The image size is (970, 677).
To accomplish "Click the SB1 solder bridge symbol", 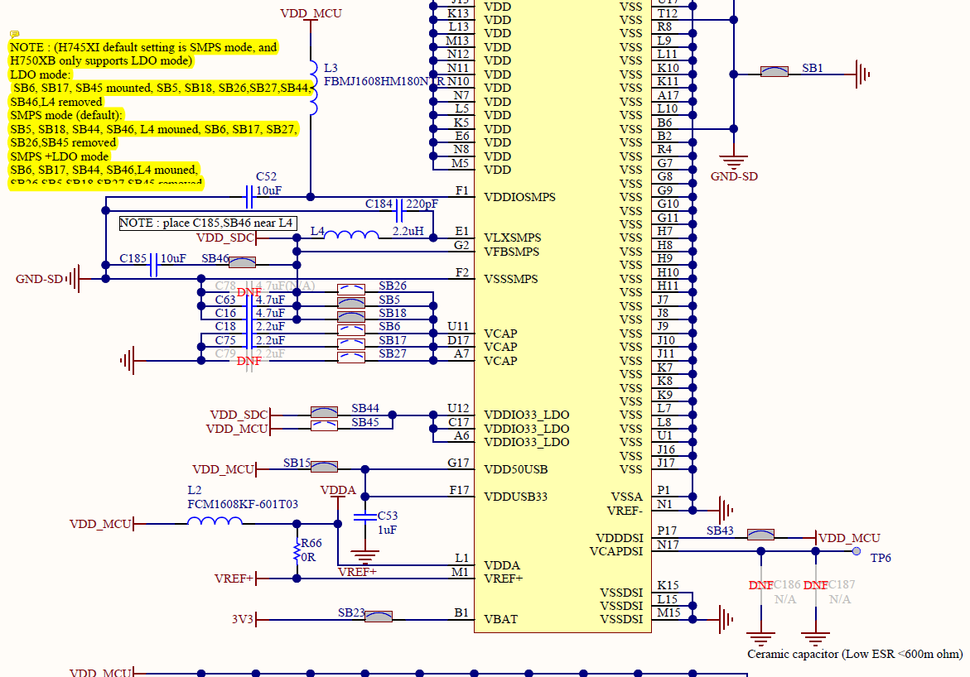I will click(x=774, y=72).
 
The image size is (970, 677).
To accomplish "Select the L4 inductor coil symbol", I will click(x=350, y=237).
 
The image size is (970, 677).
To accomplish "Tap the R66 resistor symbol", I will click(x=297, y=551).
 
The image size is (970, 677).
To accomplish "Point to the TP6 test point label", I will click(x=881, y=558).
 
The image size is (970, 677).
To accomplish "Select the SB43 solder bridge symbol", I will click(x=760, y=535).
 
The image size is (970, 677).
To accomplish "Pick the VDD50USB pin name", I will click(x=517, y=469).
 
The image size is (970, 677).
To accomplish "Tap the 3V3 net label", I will click(x=243, y=619).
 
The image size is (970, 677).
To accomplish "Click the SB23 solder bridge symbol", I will click(x=379, y=617).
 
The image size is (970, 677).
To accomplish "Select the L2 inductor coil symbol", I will click(x=215, y=521).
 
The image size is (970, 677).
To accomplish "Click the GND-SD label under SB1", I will click(x=734, y=176).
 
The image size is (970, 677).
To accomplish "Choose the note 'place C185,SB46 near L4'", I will click(x=206, y=223).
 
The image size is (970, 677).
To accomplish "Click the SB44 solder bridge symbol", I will click(x=323, y=412).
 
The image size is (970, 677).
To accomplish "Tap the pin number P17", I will click(x=667, y=531).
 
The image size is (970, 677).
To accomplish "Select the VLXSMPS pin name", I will click(x=512, y=238).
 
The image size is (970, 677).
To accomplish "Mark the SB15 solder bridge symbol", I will click(x=324, y=467).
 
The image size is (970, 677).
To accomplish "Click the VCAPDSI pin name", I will click(x=616, y=551).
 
